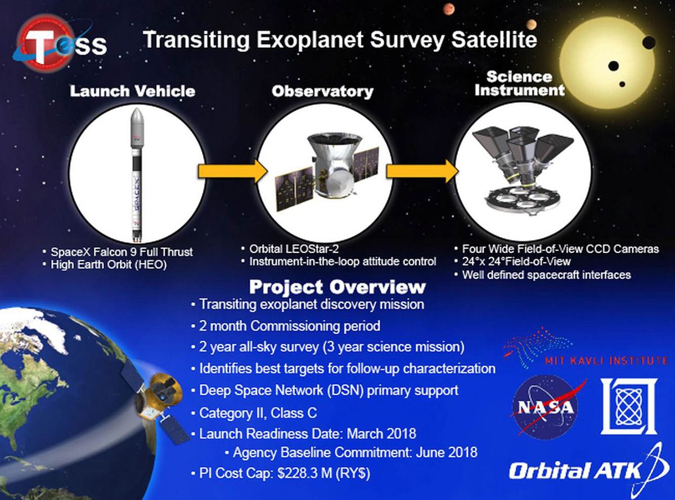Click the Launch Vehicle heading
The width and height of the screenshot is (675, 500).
(x=133, y=91)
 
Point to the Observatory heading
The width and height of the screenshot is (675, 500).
(x=322, y=91)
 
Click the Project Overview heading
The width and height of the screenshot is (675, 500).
(x=337, y=287)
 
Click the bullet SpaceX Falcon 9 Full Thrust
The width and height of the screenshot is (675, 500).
(x=121, y=252)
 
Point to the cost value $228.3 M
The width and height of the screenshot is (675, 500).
(x=298, y=473)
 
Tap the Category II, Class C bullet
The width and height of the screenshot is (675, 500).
(x=258, y=413)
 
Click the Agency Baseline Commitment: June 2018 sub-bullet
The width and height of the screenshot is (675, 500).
(x=354, y=452)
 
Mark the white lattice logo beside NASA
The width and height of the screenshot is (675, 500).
(x=629, y=406)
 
